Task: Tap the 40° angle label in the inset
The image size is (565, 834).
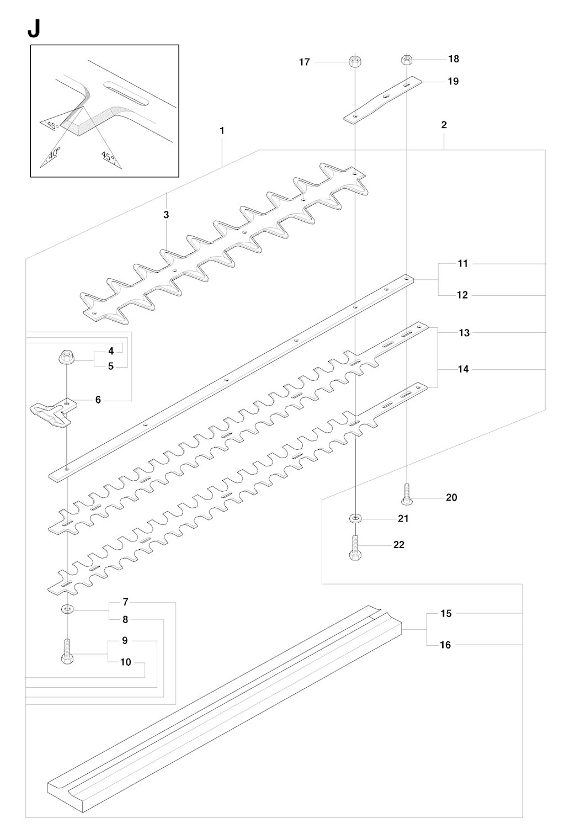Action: point(55,153)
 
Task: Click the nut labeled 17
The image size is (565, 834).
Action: point(355,61)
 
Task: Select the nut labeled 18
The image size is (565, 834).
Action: point(407,59)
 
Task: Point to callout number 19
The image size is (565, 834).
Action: point(453,81)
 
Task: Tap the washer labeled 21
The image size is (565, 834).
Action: point(355,518)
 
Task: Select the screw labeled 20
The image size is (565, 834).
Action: point(407,494)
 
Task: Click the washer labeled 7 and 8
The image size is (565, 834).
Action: point(67,610)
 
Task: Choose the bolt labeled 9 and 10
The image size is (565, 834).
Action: point(67,651)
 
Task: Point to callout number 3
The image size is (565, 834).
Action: point(166,215)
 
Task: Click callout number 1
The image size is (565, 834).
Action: point(222,131)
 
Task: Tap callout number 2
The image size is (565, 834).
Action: point(444,125)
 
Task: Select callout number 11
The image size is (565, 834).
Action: point(462,263)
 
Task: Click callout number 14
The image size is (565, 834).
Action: point(463,369)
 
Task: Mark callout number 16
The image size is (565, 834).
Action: point(445,645)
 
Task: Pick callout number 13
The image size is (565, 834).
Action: point(464,332)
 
